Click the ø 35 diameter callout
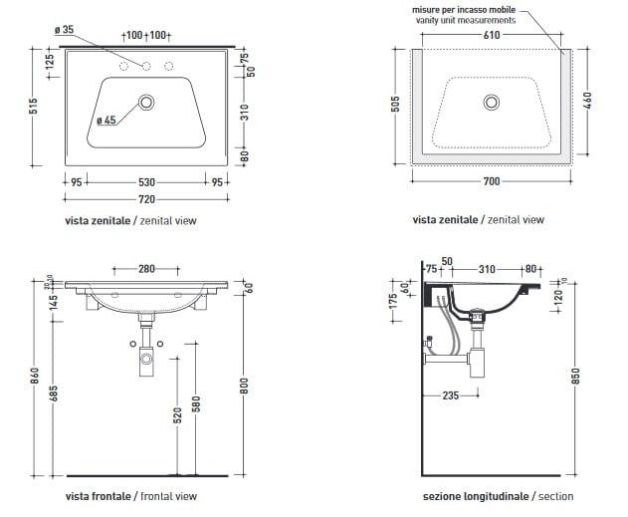pyautogui.click(x=64, y=30)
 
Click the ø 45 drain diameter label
pyautogui.click(x=106, y=120)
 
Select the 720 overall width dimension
pyautogui.click(x=146, y=199)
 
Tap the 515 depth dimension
pyautogui.click(x=33, y=106)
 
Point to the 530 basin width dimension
pyautogui.click(x=146, y=182)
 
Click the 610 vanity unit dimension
pyautogui.click(x=492, y=35)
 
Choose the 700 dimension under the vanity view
pyautogui.click(x=492, y=181)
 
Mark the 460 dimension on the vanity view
pyautogui.click(x=587, y=101)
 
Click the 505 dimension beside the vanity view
pyautogui.click(x=395, y=105)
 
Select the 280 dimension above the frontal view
pyautogui.click(x=146, y=269)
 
